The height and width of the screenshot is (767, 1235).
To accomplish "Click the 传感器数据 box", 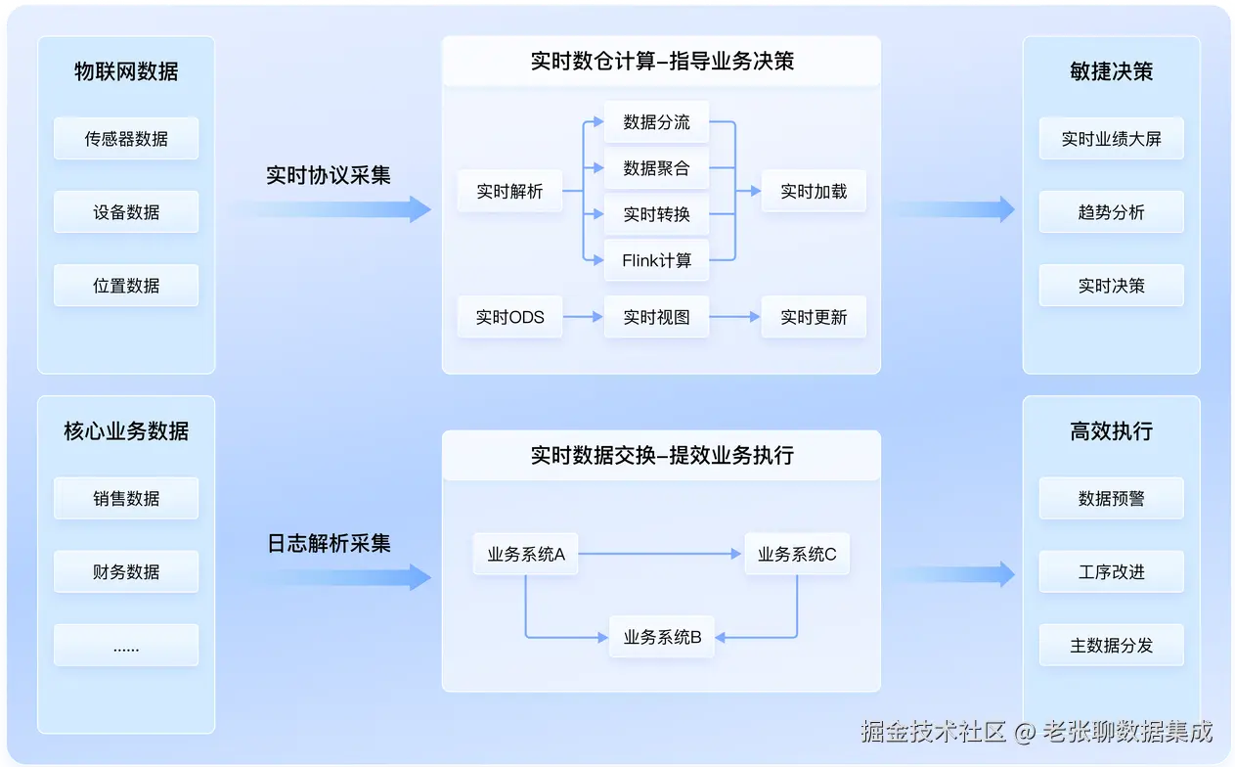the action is pos(126,138).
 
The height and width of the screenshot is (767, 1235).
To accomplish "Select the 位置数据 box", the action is pos(126,286).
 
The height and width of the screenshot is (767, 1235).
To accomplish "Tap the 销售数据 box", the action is pos(126,498).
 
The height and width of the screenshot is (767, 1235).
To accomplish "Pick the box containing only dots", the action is pos(126,645).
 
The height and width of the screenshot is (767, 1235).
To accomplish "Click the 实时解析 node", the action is pos(510,191).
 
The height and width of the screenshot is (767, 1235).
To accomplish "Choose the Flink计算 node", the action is pos(657,260).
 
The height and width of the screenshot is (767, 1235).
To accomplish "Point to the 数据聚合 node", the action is pos(657,167).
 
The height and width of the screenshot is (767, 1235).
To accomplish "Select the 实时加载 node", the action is pos(814,191).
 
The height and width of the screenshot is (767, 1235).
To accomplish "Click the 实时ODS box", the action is pos(510,317).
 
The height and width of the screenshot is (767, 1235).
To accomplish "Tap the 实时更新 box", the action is pos(814,317).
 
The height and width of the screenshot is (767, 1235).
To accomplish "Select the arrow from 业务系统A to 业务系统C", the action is pos(660,554).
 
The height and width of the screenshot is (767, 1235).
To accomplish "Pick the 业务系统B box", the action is pos(662,637).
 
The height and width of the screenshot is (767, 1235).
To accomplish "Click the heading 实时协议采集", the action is pos(329,175).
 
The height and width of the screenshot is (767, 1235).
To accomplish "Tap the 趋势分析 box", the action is pos(1112,212).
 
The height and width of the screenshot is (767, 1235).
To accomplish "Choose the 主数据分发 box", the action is pos(1112,645).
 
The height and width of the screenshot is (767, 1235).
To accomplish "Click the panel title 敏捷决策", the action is pos(1112,71).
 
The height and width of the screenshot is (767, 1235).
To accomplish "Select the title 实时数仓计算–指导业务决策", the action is pos(662,61).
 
